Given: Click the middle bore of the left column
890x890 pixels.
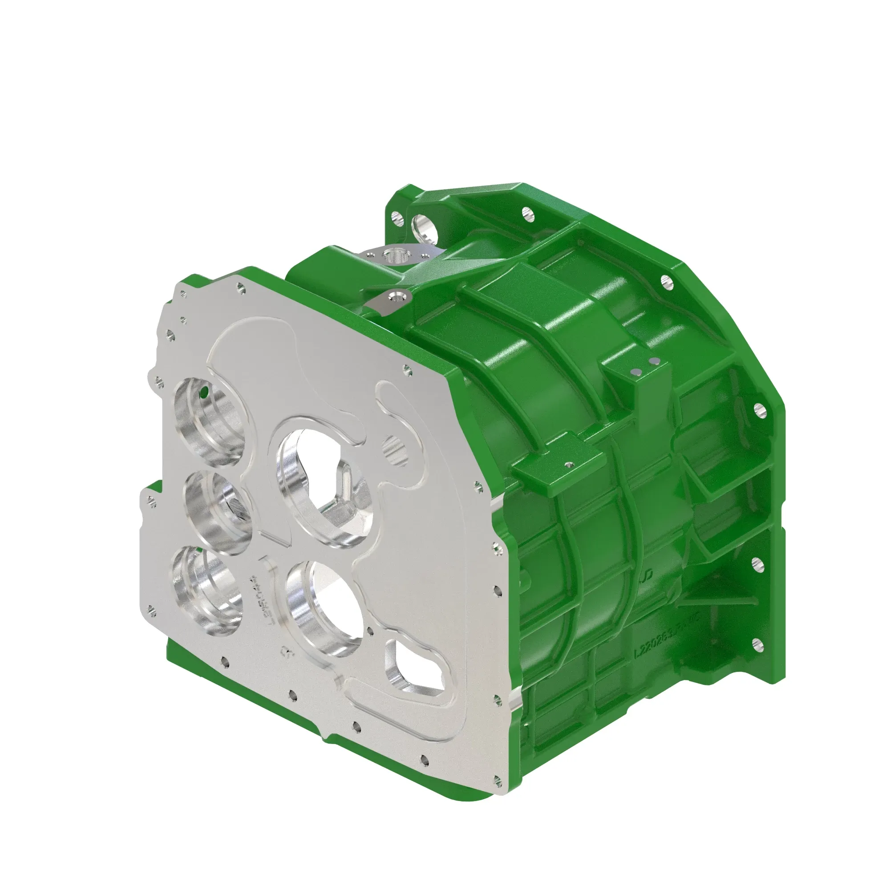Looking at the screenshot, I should (218, 511).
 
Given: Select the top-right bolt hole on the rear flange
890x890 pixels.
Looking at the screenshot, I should (665, 281).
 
